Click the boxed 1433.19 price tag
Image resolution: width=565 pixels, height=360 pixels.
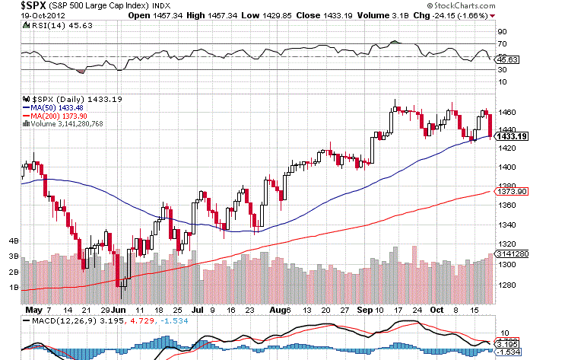pyautogui.click(x=509, y=136)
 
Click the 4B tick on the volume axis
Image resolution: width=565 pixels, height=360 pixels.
pyautogui.click(x=13, y=241)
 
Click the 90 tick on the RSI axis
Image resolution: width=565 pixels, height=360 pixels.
pyautogui.click(x=502, y=32)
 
